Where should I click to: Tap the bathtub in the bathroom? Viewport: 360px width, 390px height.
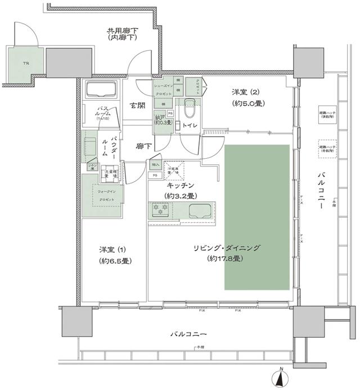(100, 91)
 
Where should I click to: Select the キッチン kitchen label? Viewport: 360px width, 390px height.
(180, 185)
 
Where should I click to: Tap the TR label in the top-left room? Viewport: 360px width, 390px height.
(25, 64)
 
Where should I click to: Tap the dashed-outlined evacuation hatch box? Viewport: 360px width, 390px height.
(327, 147)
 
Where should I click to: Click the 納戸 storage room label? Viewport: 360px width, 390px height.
(160, 118)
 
